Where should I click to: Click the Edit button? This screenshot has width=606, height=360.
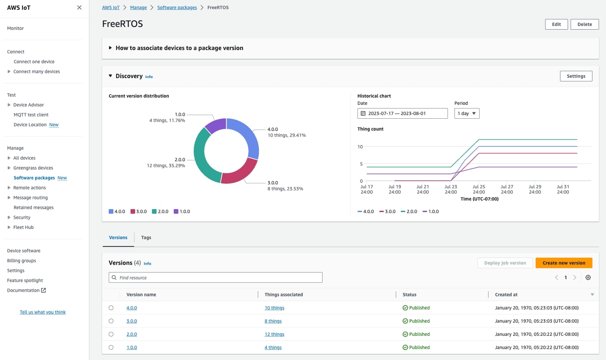coord(556,24)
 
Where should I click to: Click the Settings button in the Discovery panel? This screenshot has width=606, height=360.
coord(575,76)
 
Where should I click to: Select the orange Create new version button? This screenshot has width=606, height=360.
coord(564,263)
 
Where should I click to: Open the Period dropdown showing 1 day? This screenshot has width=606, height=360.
coord(467,113)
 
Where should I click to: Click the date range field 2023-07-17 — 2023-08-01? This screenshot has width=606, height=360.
coord(402,113)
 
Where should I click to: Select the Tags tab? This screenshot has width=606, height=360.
coord(146,237)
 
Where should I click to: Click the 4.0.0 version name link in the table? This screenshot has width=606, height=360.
coord(131,308)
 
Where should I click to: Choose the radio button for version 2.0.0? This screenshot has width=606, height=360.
coord(111,334)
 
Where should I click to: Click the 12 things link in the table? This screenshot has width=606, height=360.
coord(274,334)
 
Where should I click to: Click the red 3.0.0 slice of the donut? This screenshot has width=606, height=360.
coord(239,173)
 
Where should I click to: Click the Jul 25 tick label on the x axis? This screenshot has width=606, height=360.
coord(479,189)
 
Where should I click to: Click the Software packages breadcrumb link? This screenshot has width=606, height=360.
coord(177,8)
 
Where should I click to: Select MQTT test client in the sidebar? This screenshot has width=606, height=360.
coord(31,114)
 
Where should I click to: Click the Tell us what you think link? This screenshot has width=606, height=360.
coord(42,312)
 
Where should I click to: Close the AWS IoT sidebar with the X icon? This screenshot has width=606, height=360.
coord(79,8)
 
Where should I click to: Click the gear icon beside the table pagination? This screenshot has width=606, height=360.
coord(588,277)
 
